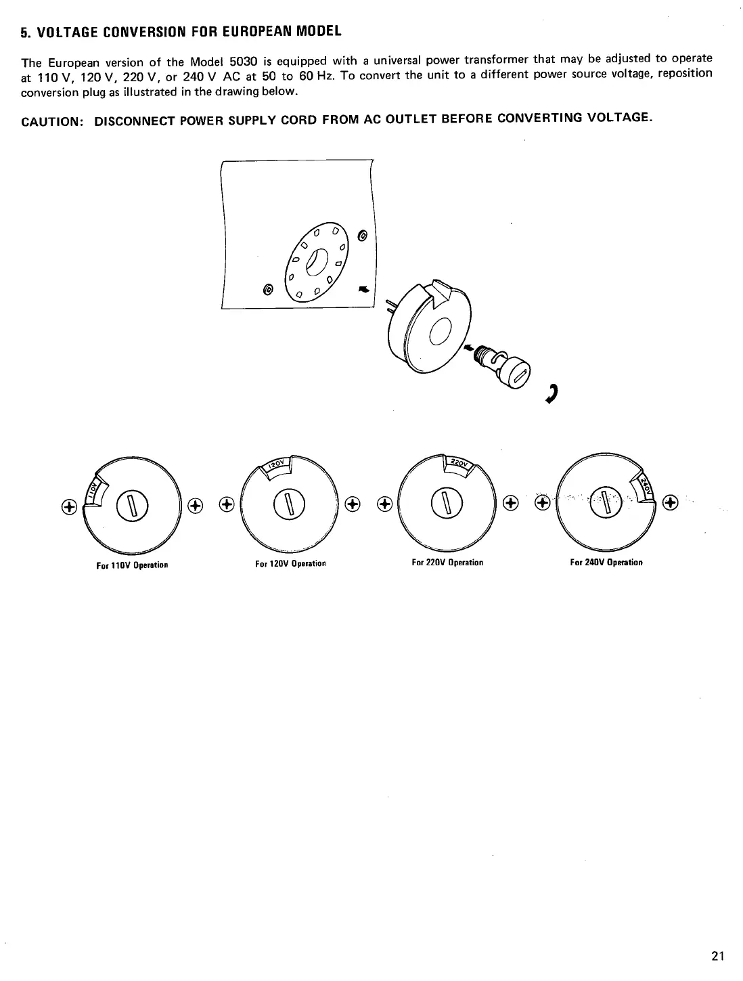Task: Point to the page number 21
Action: coord(718,956)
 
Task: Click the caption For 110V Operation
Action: coord(132,565)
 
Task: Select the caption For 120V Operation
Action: coord(290,563)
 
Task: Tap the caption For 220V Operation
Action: coord(447,563)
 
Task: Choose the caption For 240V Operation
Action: coord(606,563)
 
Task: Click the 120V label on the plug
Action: coord(277,464)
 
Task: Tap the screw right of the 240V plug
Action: coord(670,502)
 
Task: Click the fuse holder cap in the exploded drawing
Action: coord(518,372)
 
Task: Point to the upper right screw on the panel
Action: coord(363,236)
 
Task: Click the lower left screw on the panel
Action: coord(268,289)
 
